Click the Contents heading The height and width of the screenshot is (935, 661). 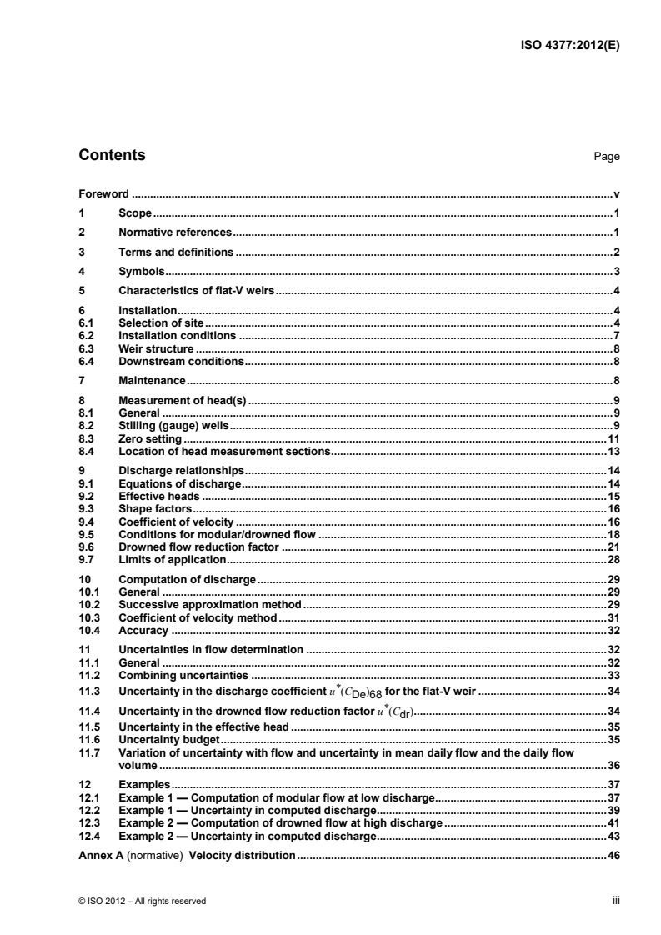pyautogui.click(x=111, y=155)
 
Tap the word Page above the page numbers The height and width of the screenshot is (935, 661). pyautogui.click(x=605, y=157)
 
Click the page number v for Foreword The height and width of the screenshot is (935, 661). pyautogui.click(x=615, y=192)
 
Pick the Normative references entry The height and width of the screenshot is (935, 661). pyautogui.click(x=174, y=232)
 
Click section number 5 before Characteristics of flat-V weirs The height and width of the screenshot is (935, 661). pyautogui.click(x=81, y=290)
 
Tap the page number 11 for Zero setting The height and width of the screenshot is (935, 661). pyautogui.click(x=612, y=437)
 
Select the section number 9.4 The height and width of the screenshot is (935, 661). pyautogui.click(x=84, y=522)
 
